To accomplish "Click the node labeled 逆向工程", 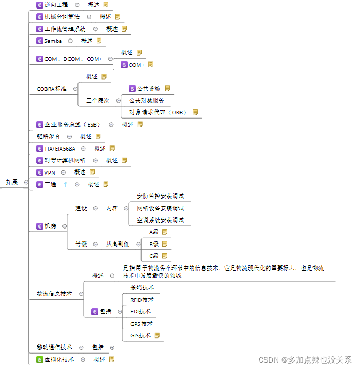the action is point(57,5).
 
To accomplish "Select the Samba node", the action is point(53,41).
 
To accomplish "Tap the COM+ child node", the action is point(137,65).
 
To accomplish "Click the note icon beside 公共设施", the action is point(167,89).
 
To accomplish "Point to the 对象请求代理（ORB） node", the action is point(158,113).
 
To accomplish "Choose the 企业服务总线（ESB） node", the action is point(73,124).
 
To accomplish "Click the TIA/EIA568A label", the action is point(60,148).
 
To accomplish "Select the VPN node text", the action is point(50,172).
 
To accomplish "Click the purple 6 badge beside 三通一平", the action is point(40,184).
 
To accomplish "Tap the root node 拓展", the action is point(12,182).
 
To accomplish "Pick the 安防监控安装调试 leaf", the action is point(160,196).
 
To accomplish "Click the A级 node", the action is point(154,232).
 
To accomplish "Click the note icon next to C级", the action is point(165,256).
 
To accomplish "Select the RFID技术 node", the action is point(142,300).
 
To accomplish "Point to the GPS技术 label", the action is point(142,324).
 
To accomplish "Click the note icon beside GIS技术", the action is point(157,336).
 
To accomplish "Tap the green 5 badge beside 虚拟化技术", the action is point(40,360).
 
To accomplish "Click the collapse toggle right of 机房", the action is point(65,226).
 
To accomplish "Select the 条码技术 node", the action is point(142,287).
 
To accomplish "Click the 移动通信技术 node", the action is point(54,347).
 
